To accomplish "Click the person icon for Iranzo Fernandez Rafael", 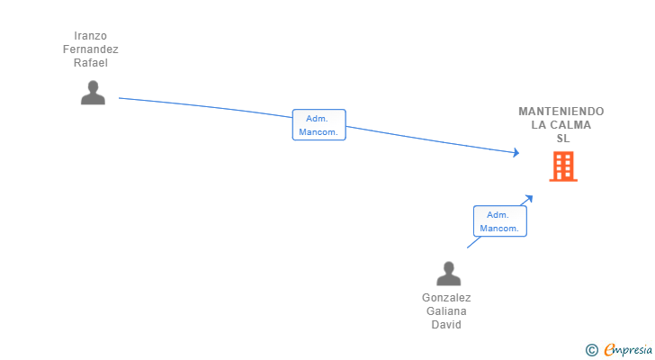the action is (93, 93).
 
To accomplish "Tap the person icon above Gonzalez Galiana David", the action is (448, 274).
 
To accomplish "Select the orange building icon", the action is (562, 166).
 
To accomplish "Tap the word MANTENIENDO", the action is (561, 112).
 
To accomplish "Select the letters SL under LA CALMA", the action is (563, 139).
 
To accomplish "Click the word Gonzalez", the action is (446, 298).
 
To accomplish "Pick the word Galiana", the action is (446, 311).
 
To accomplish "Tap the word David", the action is (446, 325).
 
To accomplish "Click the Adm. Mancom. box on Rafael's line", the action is (319, 125).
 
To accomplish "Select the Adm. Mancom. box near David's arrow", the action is (499, 221).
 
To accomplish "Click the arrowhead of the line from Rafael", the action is (516, 153).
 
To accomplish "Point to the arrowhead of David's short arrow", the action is (529, 199).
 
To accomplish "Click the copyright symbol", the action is (591, 350).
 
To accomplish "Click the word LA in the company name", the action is (540, 125).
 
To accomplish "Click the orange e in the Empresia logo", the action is (609, 350).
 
